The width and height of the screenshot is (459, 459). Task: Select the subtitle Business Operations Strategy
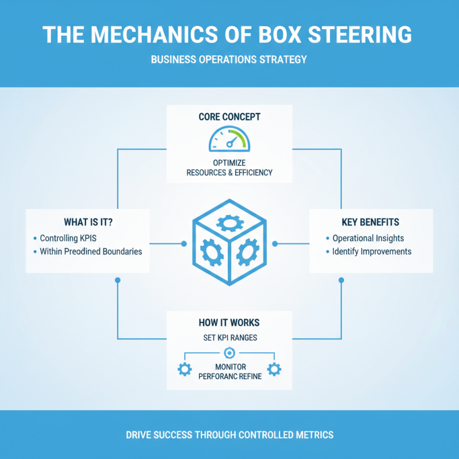click(229, 59)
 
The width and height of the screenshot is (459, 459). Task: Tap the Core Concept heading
click(229, 117)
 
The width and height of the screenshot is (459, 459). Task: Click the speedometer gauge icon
click(229, 140)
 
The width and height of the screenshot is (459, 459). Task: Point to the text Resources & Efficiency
click(229, 172)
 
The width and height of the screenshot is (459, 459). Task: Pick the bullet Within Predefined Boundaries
click(91, 251)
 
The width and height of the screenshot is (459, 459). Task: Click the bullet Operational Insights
click(368, 238)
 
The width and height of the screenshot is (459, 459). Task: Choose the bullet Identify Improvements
click(372, 251)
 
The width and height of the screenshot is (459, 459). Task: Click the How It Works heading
click(229, 323)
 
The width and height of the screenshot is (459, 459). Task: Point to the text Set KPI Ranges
click(229, 338)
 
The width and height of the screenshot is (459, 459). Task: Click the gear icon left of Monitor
click(185, 369)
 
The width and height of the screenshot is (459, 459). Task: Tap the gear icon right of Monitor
click(274, 369)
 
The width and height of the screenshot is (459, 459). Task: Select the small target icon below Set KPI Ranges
click(229, 352)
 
